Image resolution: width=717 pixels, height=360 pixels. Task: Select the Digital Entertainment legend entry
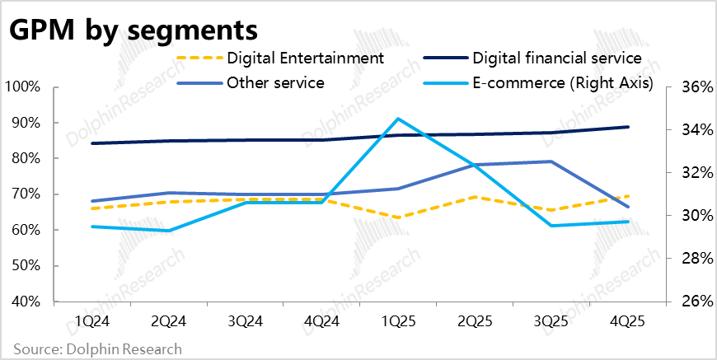(305, 58)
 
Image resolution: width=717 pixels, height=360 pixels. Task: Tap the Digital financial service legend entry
(556, 58)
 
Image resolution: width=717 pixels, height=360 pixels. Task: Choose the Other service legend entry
(276, 82)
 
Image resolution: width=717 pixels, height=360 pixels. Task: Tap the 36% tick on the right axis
(691, 87)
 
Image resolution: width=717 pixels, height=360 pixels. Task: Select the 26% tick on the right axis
(691, 302)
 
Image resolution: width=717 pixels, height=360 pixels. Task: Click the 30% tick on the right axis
(691, 216)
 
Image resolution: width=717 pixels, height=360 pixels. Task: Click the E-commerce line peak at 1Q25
(398, 119)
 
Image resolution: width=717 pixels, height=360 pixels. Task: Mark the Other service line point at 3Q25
(552, 161)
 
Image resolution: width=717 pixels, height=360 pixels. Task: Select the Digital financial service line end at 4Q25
(629, 127)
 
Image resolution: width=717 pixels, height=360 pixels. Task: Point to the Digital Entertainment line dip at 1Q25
(398, 217)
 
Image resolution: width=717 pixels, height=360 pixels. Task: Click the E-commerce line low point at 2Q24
(168, 231)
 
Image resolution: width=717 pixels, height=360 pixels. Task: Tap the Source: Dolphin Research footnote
(97, 349)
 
